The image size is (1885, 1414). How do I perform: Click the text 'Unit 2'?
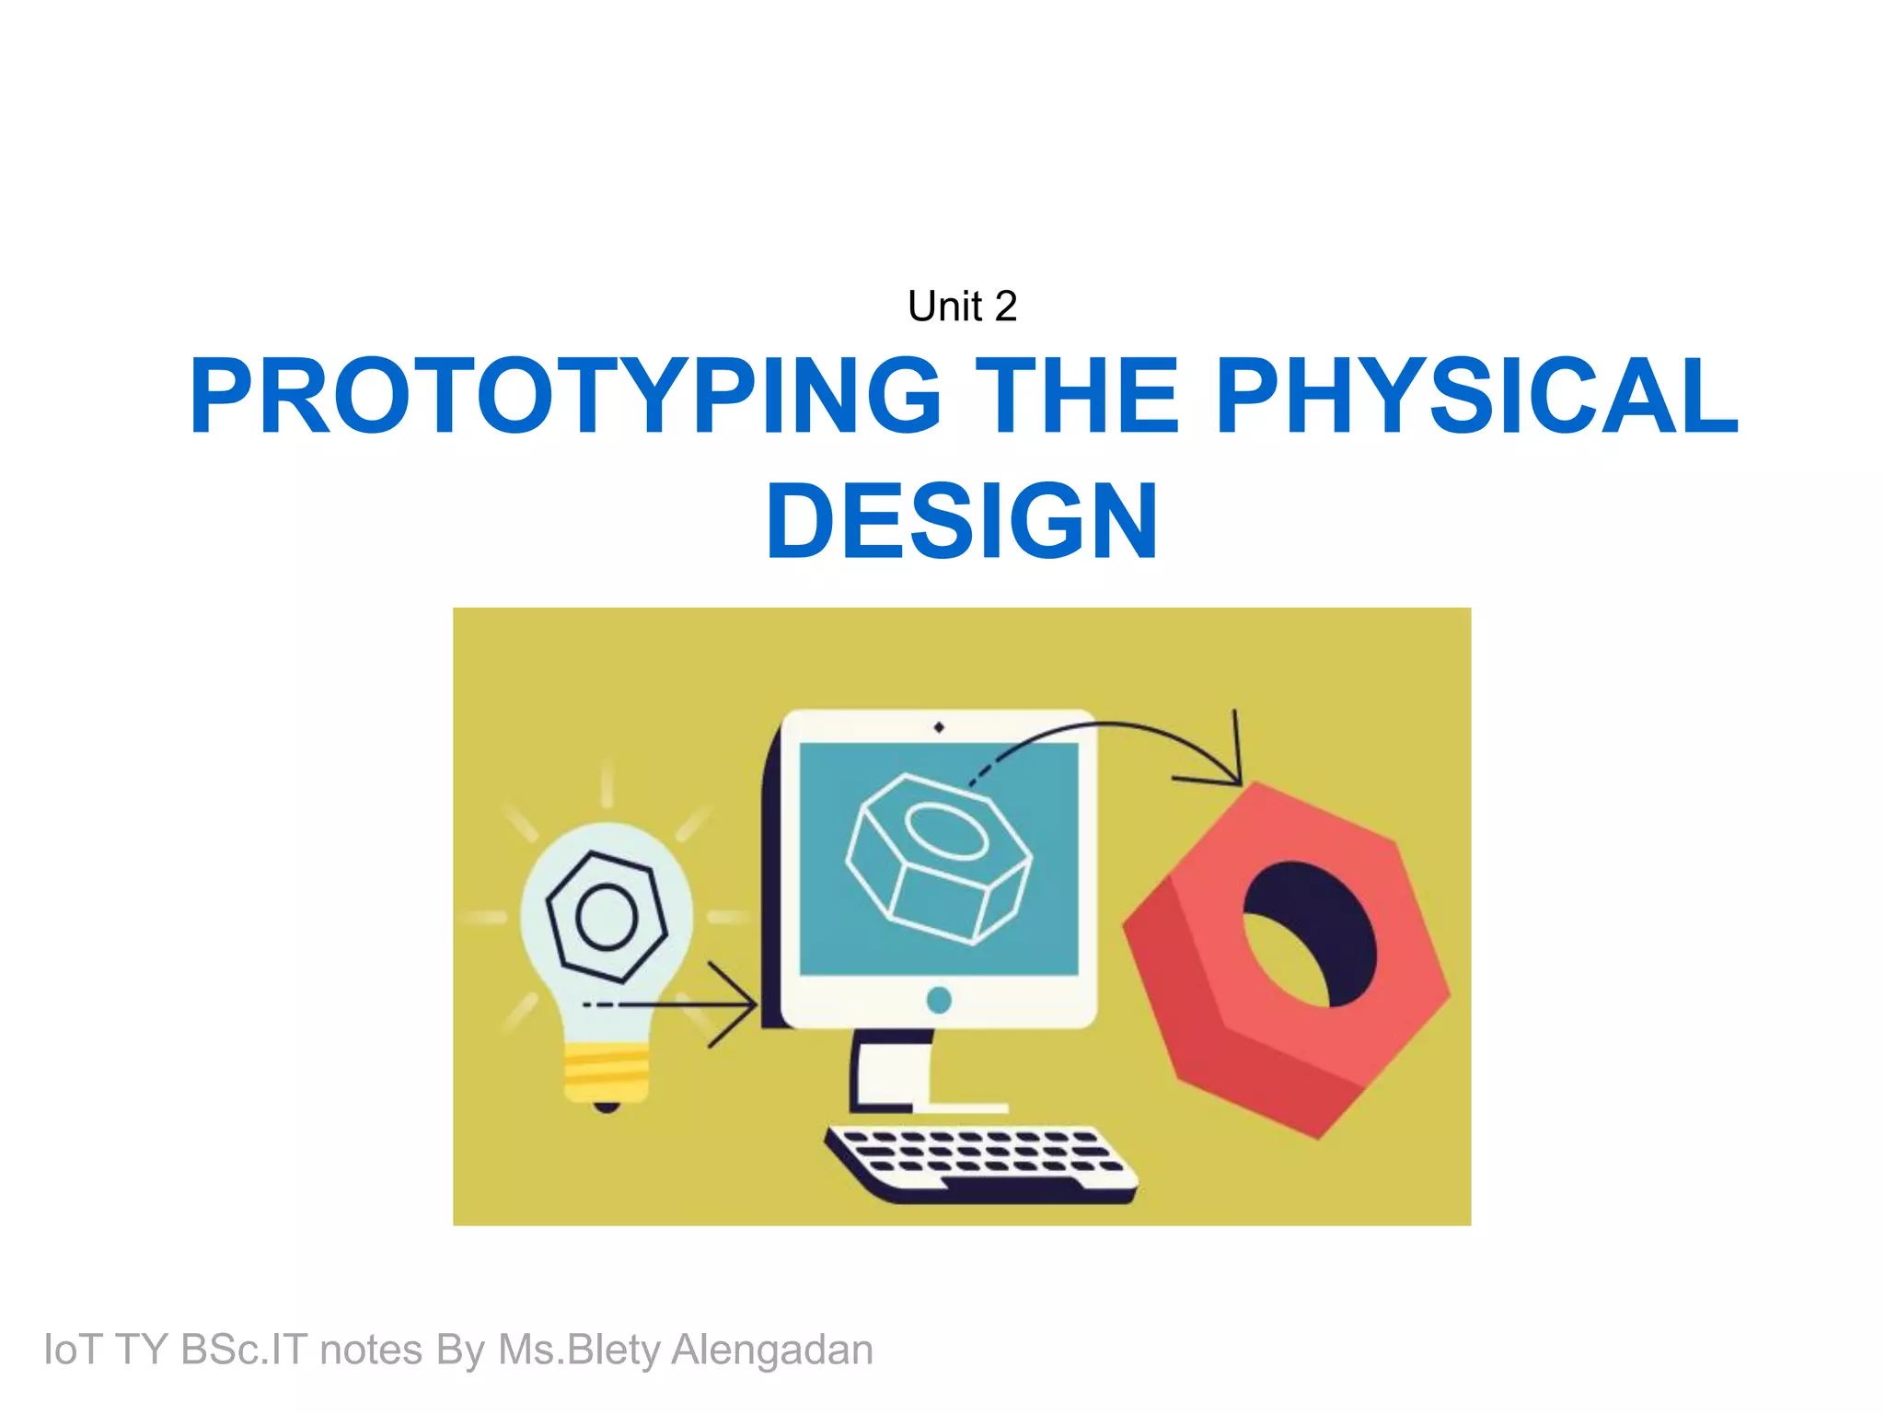[x=962, y=307]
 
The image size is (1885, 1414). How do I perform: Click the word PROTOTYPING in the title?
[x=564, y=396]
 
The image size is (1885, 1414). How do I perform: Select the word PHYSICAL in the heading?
[x=1475, y=396]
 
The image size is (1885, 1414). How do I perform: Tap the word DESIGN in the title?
[x=962, y=521]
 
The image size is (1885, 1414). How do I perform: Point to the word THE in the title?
[x=1076, y=396]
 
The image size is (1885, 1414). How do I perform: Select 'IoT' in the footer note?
[x=73, y=1350]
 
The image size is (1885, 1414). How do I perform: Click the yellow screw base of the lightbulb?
[x=606, y=1072]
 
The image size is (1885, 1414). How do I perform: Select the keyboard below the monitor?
[x=980, y=1163]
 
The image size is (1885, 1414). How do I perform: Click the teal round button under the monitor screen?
[x=939, y=1000]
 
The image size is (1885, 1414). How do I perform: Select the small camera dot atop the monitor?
[x=939, y=727]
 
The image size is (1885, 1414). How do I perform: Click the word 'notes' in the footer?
[x=371, y=1350]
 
